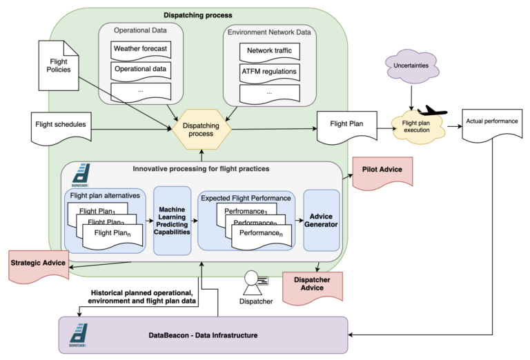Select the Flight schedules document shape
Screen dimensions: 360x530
click(61, 125)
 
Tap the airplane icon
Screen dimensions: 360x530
click(433, 111)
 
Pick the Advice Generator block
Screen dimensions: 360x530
click(321, 221)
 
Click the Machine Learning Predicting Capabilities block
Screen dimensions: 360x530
click(172, 221)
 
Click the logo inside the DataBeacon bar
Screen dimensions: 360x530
click(78, 335)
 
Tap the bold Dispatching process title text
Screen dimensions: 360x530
click(197, 15)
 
